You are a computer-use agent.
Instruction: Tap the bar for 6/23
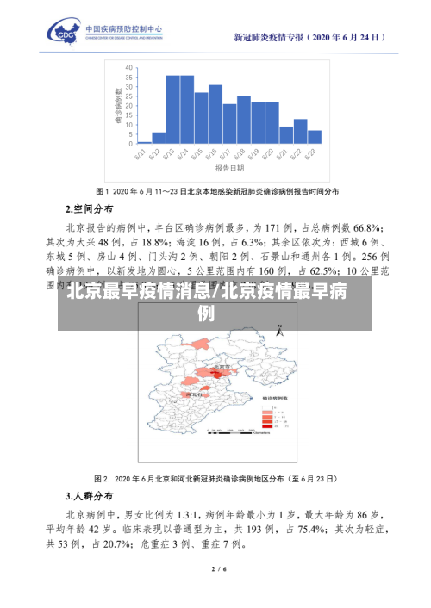click(x=315, y=136)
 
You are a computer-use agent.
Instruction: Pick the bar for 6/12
click(x=159, y=137)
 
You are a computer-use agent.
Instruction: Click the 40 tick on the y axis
click(x=128, y=66)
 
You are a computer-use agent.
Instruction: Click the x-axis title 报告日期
click(x=229, y=169)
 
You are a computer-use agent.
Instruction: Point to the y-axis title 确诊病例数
click(x=117, y=104)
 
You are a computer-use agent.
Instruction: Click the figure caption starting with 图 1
click(x=215, y=190)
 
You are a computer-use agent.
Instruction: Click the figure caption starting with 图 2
click(x=215, y=477)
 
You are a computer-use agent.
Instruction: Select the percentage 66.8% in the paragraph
click(x=366, y=227)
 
